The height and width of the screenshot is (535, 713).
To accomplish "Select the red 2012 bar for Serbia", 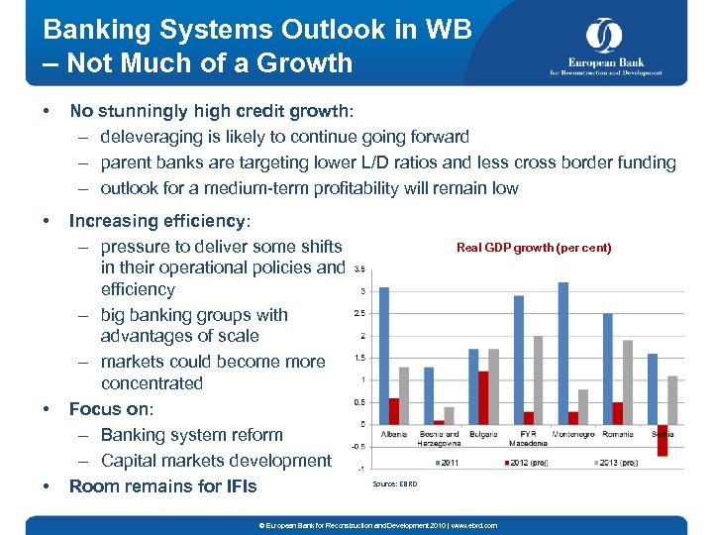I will click(x=662, y=440).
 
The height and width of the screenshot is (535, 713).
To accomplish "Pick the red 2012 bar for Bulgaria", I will click(x=482, y=397).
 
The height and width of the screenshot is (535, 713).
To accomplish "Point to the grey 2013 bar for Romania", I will click(x=627, y=381).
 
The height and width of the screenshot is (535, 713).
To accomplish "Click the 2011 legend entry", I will click(x=448, y=463).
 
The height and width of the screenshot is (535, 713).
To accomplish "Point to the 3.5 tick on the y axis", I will click(x=359, y=268).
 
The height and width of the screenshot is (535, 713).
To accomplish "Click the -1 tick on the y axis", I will click(x=361, y=469).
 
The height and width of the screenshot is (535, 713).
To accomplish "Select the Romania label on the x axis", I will click(x=617, y=434).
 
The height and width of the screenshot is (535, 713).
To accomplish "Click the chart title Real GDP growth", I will click(x=534, y=248).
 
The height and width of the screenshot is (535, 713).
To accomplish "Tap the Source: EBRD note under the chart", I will click(x=394, y=484).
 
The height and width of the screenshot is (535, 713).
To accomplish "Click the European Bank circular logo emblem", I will click(x=603, y=36).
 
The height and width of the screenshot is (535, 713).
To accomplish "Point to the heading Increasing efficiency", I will click(x=159, y=221).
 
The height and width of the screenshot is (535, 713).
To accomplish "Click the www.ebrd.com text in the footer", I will click(x=476, y=525).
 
